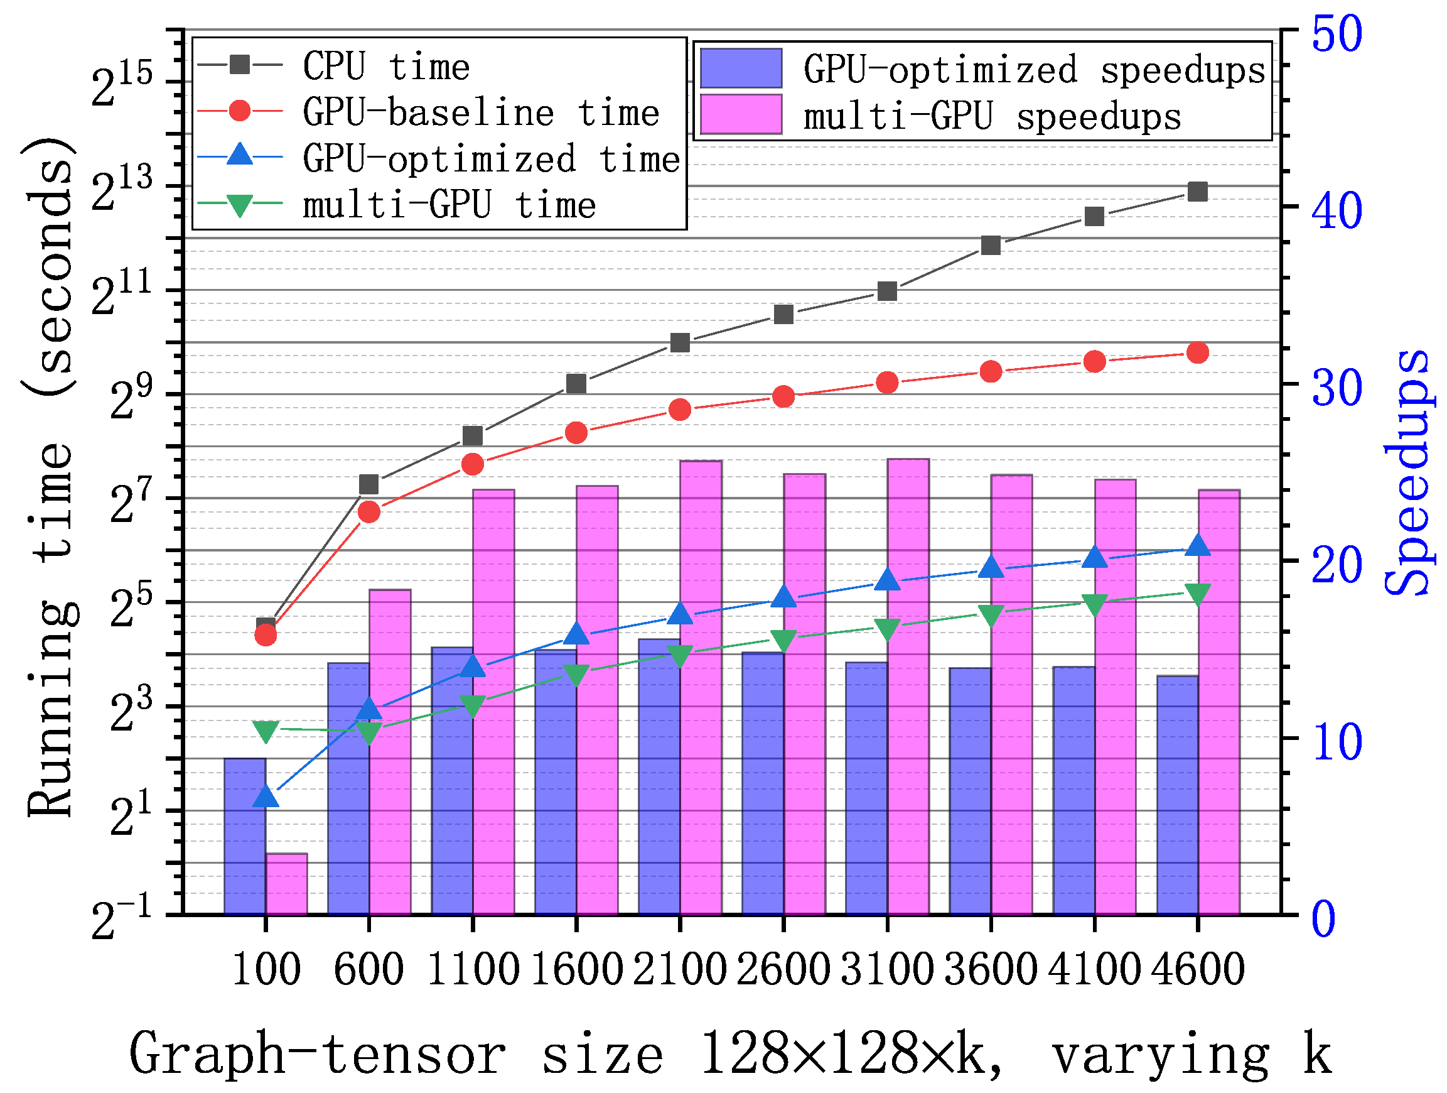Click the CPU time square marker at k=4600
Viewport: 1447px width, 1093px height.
coord(1198,192)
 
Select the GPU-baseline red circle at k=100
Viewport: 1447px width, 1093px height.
coord(266,634)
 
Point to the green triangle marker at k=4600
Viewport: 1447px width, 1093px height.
coord(1198,594)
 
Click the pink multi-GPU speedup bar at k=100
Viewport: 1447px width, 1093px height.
coord(286,884)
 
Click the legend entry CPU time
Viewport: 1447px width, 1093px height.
coord(386,66)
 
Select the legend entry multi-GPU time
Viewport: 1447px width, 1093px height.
coord(449,205)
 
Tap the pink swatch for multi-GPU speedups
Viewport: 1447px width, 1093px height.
coord(741,114)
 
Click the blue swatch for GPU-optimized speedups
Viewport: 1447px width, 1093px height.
coord(741,68)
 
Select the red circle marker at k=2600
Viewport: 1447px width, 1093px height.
coord(783,396)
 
